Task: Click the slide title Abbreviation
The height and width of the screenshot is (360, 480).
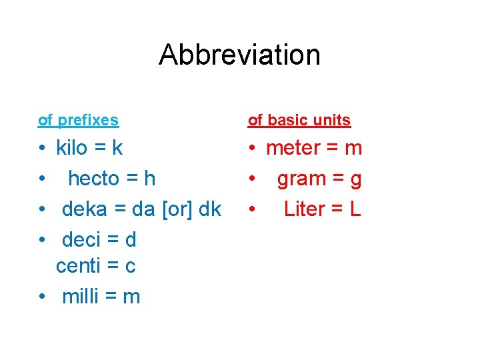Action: pyautogui.click(x=239, y=55)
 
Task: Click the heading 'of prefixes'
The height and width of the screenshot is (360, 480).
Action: pyautogui.click(x=78, y=121)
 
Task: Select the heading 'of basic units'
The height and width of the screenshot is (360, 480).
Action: pyautogui.click(x=299, y=121)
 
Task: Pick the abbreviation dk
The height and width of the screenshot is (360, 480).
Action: pyautogui.click(x=210, y=209)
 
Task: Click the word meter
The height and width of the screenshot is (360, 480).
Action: pyautogui.click(x=293, y=148)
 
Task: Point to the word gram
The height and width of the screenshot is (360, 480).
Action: pyautogui.click(x=301, y=179)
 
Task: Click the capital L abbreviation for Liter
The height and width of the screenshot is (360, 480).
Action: pyautogui.click(x=355, y=209)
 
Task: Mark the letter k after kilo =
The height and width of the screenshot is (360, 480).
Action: pyautogui.click(x=118, y=148)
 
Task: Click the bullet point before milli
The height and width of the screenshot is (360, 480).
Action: pyautogui.click(x=42, y=297)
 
